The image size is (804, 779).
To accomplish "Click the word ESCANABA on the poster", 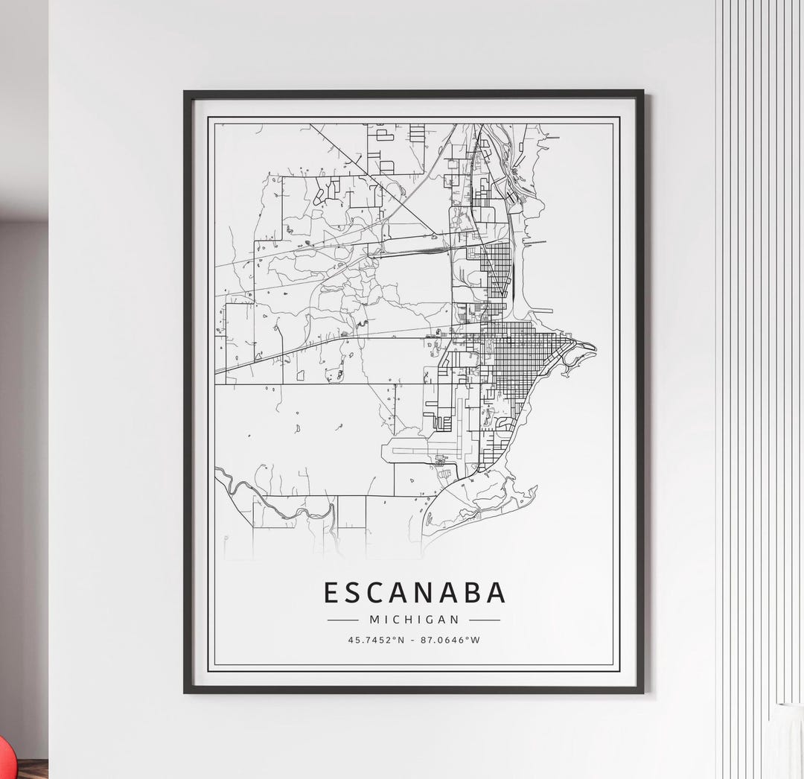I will (415, 593).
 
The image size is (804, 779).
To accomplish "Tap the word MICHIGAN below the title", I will (414, 619).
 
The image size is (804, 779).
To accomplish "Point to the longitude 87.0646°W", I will (451, 639).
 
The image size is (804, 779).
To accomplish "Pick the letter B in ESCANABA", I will (471, 593).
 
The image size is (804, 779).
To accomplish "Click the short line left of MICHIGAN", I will (343, 619).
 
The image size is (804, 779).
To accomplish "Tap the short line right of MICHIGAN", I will (485, 619).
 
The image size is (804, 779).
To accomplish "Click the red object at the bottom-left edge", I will (4, 755).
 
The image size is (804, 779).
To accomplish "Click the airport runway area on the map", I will (417, 450).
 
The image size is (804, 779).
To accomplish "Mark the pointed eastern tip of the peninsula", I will (594, 346).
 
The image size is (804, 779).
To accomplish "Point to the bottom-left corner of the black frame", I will (186, 692).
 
